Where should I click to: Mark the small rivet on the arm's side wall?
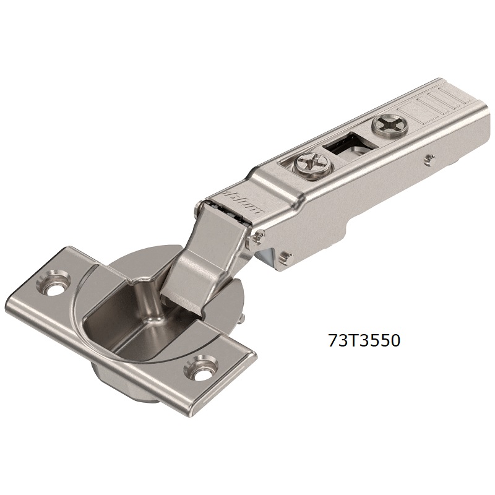[x=428, y=159]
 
